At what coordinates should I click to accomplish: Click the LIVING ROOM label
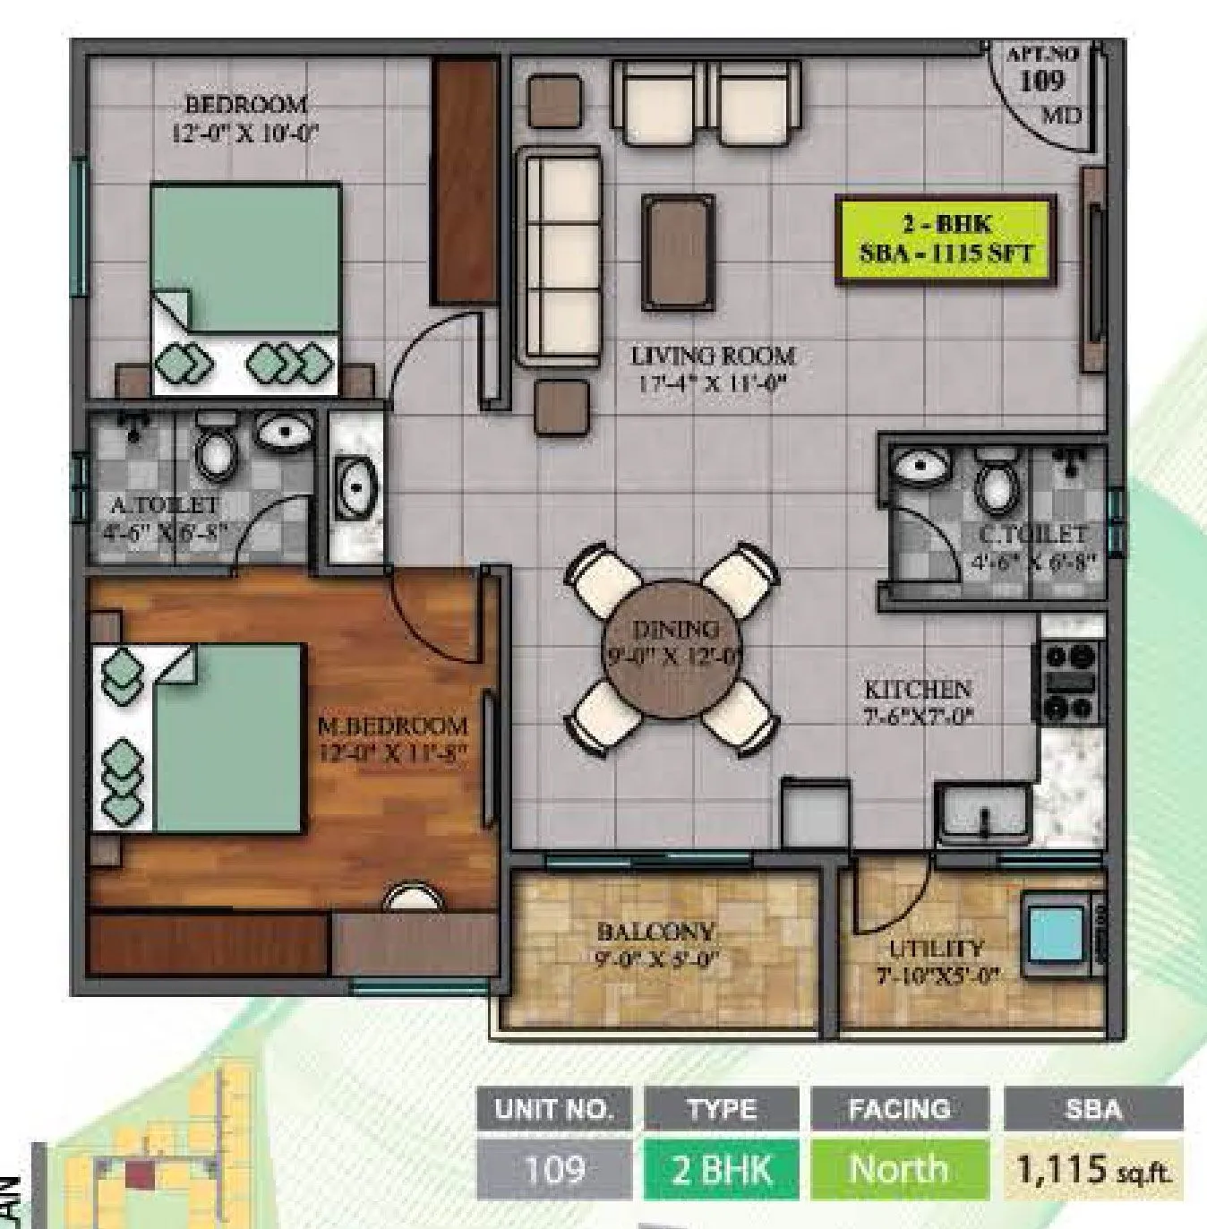(x=713, y=356)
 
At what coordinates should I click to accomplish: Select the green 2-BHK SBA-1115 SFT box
(x=946, y=239)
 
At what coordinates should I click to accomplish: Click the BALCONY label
(x=655, y=932)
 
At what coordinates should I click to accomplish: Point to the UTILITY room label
(x=936, y=949)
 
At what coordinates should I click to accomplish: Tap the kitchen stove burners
(x=1069, y=681)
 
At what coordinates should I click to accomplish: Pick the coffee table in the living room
(x=679, y=254)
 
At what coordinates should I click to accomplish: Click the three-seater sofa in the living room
(x=561, y=257)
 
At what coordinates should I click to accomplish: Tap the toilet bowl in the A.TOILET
(x=216, y=448)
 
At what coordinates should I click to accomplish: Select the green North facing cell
(x=899, y=1169)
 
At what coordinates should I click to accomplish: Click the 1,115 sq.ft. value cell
(x=1093, y=1169)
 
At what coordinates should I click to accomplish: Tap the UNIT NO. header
(x=553, y=1110)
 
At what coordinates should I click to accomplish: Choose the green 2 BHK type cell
(x=721, y=1169)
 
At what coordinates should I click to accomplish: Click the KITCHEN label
(x=918, y=689)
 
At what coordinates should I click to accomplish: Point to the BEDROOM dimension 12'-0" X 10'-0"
(x=245, y=133)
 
